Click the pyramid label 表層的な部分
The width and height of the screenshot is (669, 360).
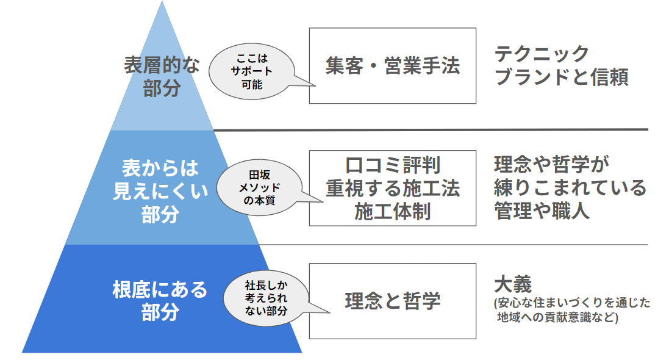(x=162, y=77)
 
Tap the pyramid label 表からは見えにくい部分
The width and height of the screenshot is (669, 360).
(x=161, y=191)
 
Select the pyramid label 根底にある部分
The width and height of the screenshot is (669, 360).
(x=160, y=300)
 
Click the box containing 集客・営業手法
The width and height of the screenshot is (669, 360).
(x=392, y=65)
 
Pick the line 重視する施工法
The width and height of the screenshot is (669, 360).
(x=392, y=188)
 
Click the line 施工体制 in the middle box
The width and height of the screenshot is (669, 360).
(x=392, y=211)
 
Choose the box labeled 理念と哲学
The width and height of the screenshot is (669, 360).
(x=392, y=301)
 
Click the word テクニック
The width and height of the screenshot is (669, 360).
(x=542, y=54)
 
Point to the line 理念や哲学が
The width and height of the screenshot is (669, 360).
(x=551, y=165)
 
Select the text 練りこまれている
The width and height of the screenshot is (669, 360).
(x=570, y=187)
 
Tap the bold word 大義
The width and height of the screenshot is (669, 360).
(x=513, y=284)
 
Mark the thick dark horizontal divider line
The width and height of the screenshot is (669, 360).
(x=430, y=129)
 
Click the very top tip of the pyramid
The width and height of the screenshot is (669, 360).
(x=162, y=3)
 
